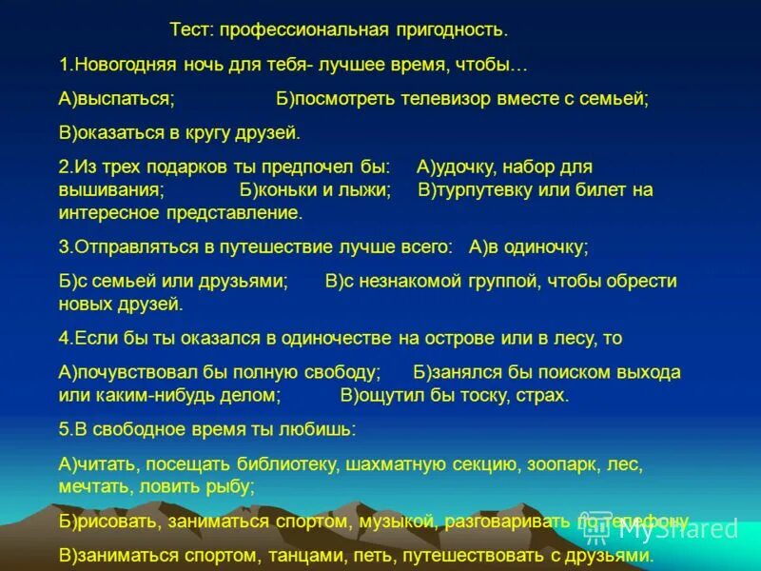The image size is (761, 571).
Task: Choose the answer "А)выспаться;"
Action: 116,99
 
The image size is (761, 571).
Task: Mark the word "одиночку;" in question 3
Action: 546,246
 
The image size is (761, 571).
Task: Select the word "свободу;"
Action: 342,371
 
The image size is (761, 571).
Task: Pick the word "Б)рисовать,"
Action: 109,522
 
